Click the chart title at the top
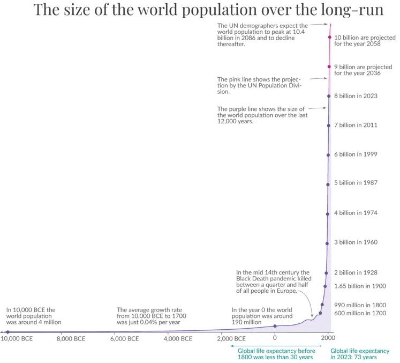[209, 10]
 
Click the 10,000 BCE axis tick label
[17, 338]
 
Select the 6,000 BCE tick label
[125, 338]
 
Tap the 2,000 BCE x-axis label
[232, 338]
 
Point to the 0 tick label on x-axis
[275, 338]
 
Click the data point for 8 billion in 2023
[329, 96]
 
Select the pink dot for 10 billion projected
[330, 38]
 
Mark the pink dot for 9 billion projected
[329, 66]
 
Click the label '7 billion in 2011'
[356, 125]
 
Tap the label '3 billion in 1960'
[356, 242]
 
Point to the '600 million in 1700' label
[360, 313]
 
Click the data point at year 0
[275, 325]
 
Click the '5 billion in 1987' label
[356, 183]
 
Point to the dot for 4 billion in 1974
[328, 213]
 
